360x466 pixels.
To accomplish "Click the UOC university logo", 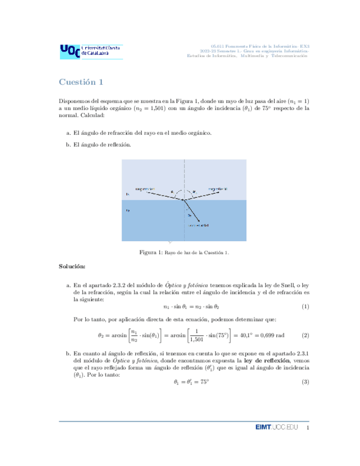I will pos(91,52).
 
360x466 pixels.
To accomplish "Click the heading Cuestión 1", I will pos(81,82).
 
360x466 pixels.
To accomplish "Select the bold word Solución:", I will pos(72,267).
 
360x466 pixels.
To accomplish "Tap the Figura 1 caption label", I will pos(151,252).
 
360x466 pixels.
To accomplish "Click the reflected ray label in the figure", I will pos(218,188).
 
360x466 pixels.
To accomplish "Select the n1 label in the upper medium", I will pos(128,195).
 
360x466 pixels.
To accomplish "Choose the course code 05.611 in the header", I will pos(218,46).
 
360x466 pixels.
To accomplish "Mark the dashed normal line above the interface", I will pos(184,176).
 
